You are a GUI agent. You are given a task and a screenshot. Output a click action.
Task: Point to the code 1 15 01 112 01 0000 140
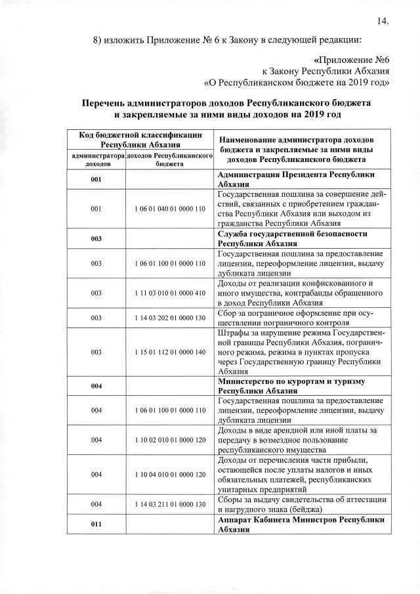coord(170,352)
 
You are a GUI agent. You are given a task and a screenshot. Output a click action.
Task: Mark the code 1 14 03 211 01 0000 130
coord(170,504)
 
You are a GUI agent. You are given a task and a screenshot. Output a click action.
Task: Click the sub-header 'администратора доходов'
coord(96,160)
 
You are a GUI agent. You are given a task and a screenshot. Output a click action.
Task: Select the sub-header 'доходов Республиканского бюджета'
coord(170,160)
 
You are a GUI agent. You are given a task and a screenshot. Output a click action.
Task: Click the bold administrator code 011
coord(96,525)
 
